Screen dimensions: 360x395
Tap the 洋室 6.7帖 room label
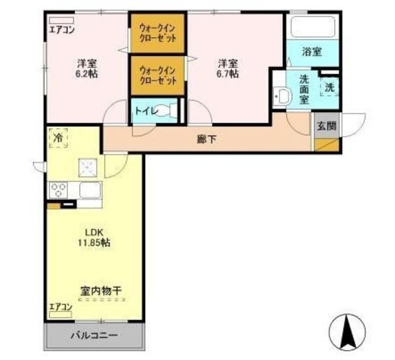click(x=228, y=68)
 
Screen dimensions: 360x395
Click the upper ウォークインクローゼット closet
click(x=157, y=32)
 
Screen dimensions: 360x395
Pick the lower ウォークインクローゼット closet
click(x=157, y=75)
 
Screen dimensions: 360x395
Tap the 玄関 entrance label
click(x=326, y=126)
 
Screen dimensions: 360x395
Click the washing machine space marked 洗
click(x=330, y=88)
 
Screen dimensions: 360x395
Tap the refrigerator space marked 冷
click(x=57, y=138)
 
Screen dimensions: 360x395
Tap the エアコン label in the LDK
click(x=61, y=307)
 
